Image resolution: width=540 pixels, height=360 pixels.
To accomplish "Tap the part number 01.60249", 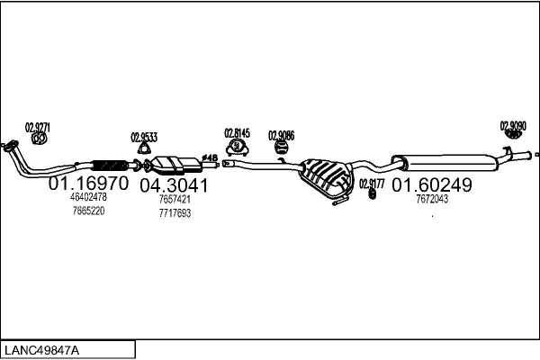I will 431,184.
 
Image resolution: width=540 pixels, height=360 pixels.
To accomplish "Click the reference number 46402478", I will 88,197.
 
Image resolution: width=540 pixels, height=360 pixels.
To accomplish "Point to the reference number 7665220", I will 88,211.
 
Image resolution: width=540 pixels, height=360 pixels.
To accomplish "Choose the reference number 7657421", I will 174,200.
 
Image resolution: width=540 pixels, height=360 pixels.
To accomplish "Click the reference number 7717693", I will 174,213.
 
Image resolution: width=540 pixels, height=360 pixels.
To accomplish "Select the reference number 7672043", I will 431,199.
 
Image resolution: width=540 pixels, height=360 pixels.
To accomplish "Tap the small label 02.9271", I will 37,127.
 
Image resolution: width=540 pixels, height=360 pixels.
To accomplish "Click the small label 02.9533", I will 144,137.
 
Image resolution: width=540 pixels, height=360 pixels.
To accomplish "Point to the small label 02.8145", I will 237,132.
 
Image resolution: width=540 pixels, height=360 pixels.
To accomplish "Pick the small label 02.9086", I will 281,135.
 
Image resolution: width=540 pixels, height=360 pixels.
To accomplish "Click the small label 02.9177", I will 372,184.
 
